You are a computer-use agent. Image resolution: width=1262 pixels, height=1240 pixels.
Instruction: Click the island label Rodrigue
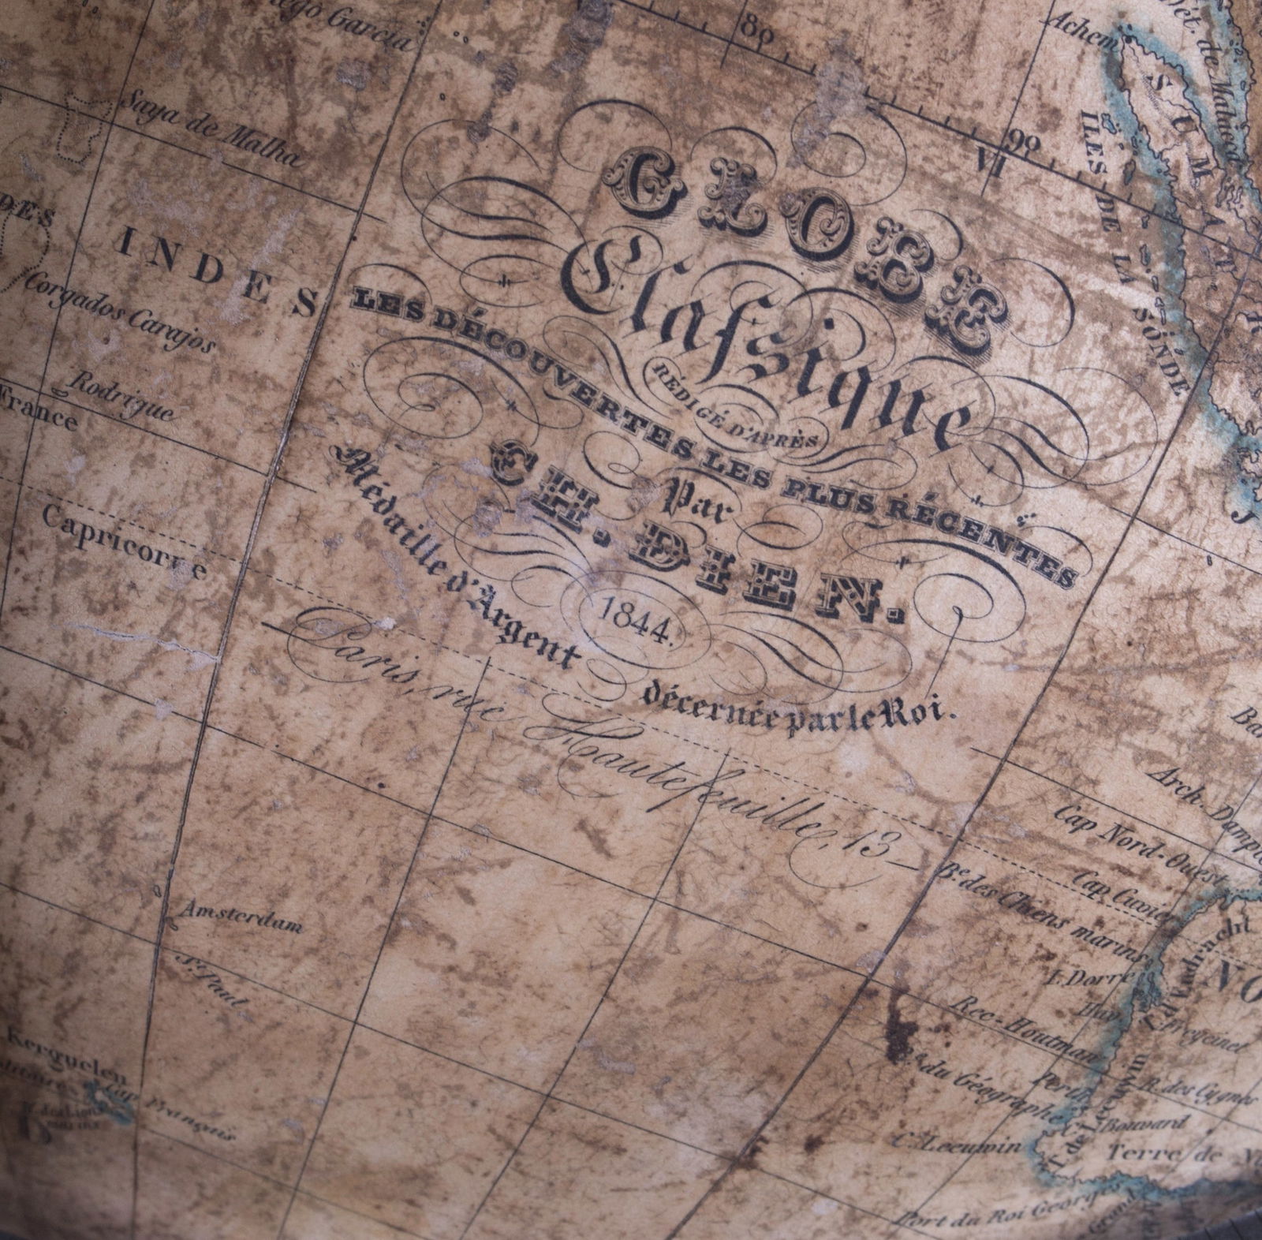(122, 395)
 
